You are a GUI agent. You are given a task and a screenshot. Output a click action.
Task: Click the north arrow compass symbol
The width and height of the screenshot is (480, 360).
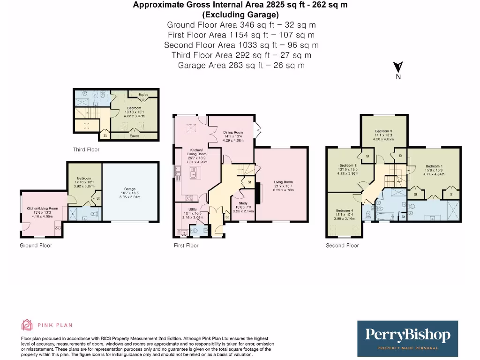[398, 68]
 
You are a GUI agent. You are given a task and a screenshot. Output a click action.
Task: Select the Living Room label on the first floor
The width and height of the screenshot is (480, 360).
[283, 182]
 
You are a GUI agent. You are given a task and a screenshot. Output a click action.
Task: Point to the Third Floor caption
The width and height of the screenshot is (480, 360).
[86, 150]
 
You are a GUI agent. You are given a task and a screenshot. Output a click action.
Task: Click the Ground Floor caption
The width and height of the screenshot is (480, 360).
[36, 245]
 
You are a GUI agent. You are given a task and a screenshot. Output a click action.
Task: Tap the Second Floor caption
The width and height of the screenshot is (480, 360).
[342, 245]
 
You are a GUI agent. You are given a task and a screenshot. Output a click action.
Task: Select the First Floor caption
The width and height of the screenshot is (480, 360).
[186, 245]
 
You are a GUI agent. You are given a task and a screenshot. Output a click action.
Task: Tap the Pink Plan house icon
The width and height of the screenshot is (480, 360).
[27, 325]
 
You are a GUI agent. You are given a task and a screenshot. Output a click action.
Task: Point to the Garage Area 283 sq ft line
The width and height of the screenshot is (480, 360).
[241, 65]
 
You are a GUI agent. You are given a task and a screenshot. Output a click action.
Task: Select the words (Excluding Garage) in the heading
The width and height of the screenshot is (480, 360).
[240, 15]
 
